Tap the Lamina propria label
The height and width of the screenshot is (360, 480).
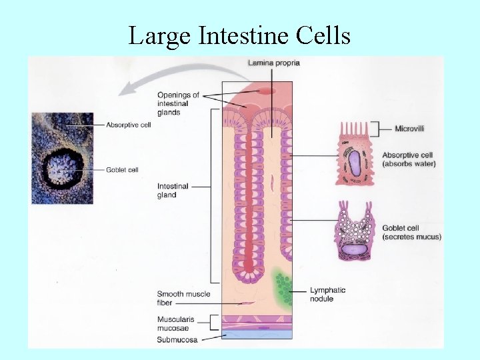click(x=273, y=63)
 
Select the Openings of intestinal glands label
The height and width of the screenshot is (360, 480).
click(x=178, y=103)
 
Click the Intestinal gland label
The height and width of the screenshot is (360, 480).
click(x=173, y=191)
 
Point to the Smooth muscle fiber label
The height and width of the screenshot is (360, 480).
click(x=183, y=298)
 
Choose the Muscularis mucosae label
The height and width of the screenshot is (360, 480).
click(x=176, y=323)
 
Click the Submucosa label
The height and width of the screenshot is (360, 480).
click(x=177, y=339)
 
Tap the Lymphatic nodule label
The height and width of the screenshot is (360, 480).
click(x=327, y=294)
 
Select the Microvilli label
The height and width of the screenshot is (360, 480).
click(x=409, y=128)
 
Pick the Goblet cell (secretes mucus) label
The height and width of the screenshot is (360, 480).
click(x=411, y=232)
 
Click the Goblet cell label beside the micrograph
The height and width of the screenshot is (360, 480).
click(x=122, y=170)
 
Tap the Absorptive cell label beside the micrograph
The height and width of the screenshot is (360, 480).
click(x=129, y=125)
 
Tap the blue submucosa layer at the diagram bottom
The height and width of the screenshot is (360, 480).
click(x=257, y=335)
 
